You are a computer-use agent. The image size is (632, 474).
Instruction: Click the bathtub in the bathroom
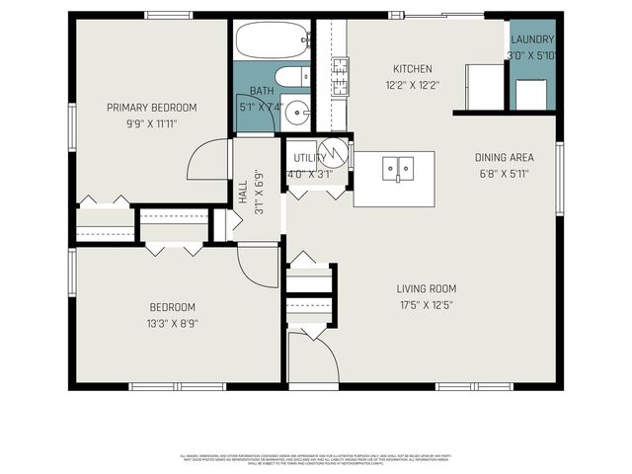pos(272,39)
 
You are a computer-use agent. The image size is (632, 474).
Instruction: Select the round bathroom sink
pos(296,114)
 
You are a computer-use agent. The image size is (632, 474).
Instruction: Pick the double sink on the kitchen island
pos(398,169)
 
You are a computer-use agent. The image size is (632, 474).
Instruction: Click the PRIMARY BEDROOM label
pos(152,108)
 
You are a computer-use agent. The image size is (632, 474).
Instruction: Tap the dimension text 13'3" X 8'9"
pos(173,322)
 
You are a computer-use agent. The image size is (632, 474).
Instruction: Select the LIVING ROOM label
pos(427,289)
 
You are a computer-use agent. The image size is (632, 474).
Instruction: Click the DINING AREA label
pos(505,157)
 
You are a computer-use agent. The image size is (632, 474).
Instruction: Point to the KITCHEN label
pos(412,69)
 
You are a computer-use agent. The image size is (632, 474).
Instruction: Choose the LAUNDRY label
pos(531,39)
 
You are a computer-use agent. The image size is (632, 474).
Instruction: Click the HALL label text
pos(243,194)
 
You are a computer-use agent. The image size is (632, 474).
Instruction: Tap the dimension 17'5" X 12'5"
pos(426,305)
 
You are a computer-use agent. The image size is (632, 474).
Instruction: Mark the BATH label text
pos(261,92)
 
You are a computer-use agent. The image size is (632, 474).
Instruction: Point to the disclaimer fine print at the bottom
pos(316,459)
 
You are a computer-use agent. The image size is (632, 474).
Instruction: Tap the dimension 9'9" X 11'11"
pos(152,123)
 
